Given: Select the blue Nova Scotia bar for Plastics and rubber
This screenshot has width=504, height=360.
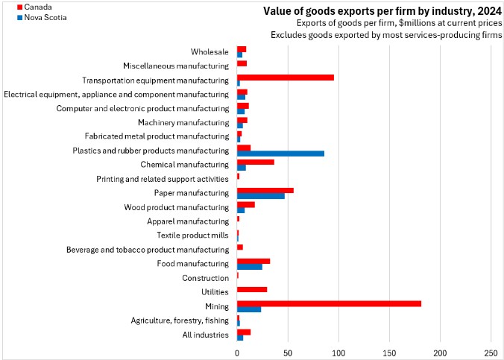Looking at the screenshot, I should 280,154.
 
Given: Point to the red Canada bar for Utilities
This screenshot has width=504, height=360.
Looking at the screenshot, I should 251,289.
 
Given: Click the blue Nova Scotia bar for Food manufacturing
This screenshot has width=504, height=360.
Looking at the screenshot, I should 249,267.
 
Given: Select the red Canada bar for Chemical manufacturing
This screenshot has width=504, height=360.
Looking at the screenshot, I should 255,162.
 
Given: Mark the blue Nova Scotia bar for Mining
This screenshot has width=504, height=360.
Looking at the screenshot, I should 248,309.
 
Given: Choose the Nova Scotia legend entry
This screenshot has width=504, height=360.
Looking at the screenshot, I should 30,17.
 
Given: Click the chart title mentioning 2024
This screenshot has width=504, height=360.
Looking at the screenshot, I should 382,11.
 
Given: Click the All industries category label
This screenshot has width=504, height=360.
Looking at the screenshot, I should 205,335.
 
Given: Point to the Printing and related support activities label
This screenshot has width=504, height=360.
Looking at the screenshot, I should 163,179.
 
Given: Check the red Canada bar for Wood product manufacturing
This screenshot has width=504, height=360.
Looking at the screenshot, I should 245,204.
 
